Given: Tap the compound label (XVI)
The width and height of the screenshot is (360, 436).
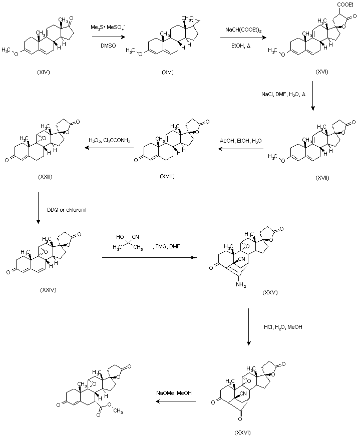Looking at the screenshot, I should [x=322, y=72].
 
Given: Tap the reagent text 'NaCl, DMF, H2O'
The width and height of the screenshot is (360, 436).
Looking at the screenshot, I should [x=281, y=94].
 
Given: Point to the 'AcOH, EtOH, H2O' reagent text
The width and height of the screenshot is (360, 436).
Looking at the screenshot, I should [x=238, y=141].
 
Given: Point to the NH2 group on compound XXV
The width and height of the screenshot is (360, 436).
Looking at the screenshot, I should [x=242, y=285].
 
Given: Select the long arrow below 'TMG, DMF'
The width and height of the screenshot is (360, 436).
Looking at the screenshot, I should [x=149, y=257].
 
